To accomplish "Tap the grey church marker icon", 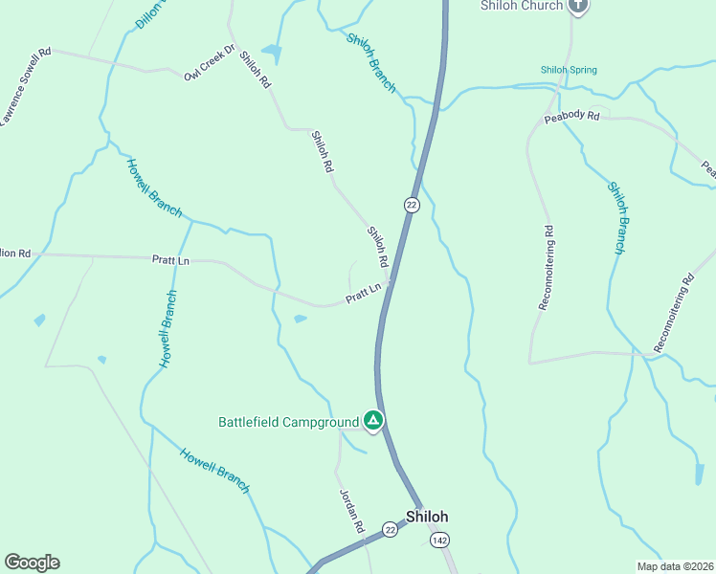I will pyautogui.click(x=576, y=6).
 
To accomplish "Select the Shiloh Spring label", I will pyautogui.click(x=569, y=70).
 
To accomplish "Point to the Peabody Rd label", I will pyautogui.click(x=571, y=117).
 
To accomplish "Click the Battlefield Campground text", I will pyautogui.click(x=288, y=421).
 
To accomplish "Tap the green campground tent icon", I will pyautogui.click(x=373, y=420).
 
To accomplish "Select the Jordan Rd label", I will pyautogui.click(x=352, y=511).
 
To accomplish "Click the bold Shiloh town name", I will pyautogui.click(x=427, y=517).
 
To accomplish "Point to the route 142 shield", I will pyautogui.click(x=439, y=541).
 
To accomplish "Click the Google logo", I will pyautogui.click(x=32, y=563).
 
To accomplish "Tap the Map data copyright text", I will pyautogui.click(x=675, y=566).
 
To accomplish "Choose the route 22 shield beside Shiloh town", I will pyautogui.click(x=390, y=529).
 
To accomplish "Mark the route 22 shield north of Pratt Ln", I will pyautogui.click(x=412, y=205).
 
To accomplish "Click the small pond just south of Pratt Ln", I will pyautogui.click(x=301, y=319).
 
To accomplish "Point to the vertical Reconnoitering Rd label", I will pyautogui.click(x=546, y=267).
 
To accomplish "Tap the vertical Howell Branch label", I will pyautogui.click(x=168, y=328).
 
